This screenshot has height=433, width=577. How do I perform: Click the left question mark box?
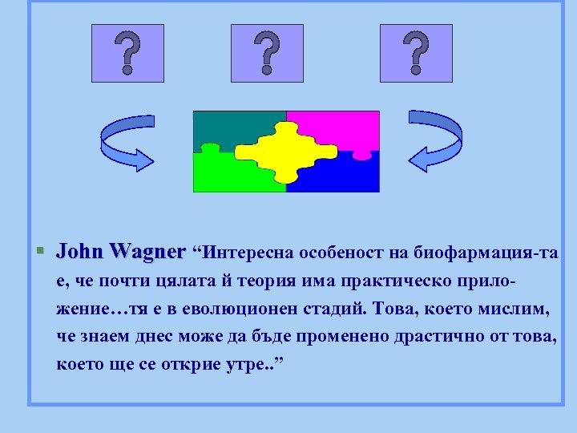click(127, 53)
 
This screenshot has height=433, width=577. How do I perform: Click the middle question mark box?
click(267, 53)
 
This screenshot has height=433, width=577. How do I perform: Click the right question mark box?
click(415, 53)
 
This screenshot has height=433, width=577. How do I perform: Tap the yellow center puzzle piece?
click(286, 151)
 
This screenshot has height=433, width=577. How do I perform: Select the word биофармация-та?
click(486, 254)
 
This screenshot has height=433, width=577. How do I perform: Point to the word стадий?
click(340, 309)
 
